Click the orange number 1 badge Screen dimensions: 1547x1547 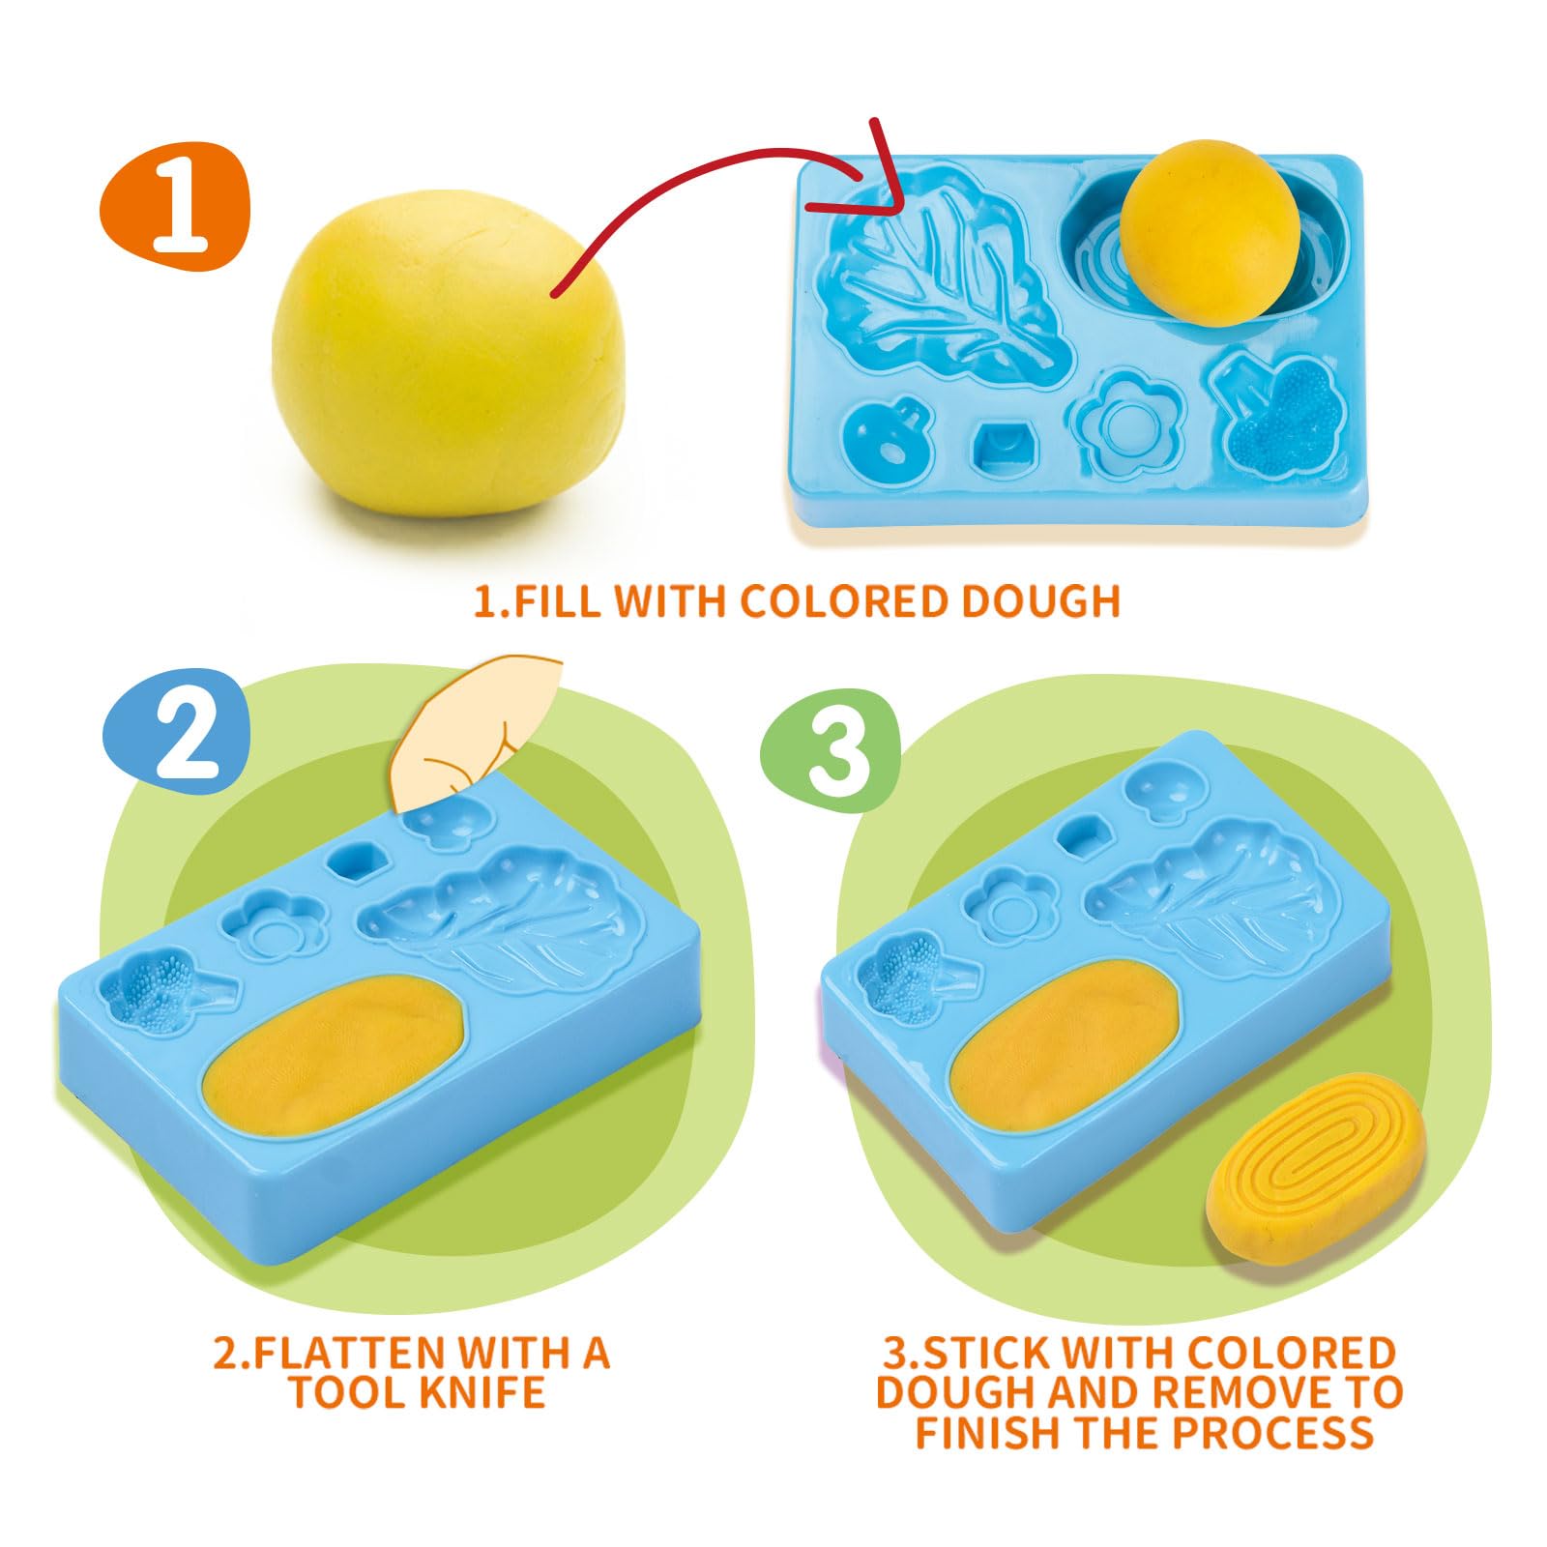pyautogui.click(x=175, y=206)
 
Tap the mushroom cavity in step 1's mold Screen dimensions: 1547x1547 pyautogui.click(x=886, y=441)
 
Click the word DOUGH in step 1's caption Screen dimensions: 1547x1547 pyautogui.click(x=1040, y=600)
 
